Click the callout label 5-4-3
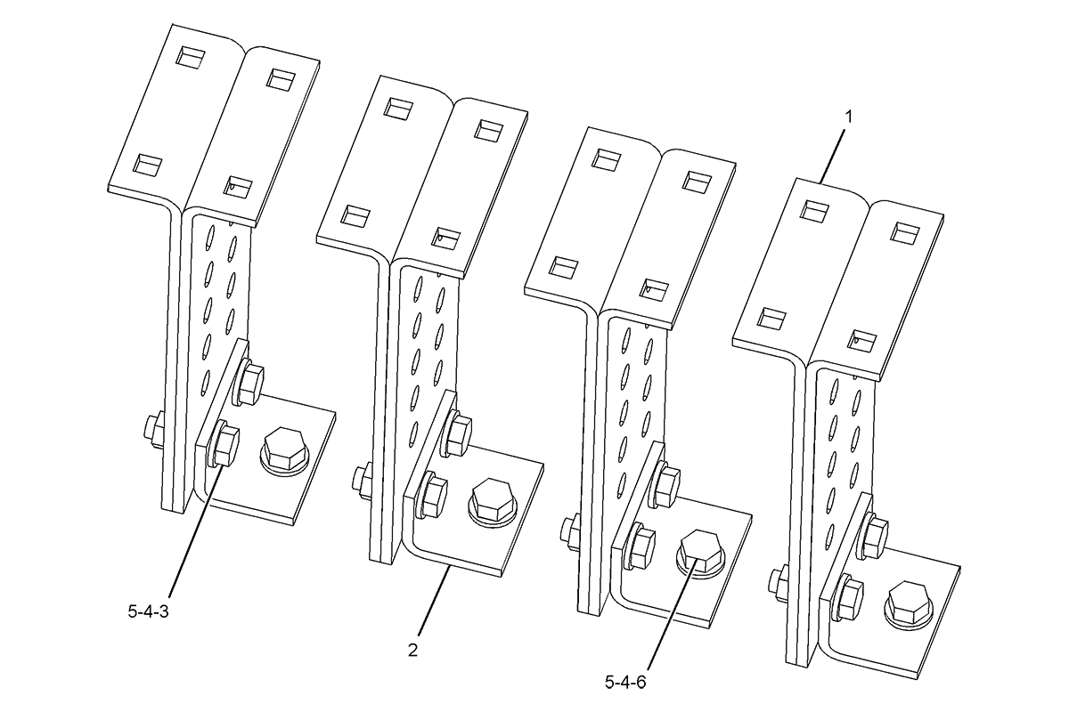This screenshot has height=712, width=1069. [148, 611]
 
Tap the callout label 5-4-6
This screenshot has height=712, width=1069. [625, 683]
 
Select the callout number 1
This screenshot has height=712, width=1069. [847, 117]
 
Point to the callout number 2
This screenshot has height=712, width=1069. [412, 650]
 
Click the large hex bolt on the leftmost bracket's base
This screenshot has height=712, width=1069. [284, 449]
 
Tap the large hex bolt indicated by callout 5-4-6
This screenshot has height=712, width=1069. [701, 554]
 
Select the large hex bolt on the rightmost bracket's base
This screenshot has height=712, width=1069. [909, 604]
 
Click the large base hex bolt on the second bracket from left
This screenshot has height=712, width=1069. [494, 502]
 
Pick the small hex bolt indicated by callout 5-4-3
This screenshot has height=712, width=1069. [223, 445]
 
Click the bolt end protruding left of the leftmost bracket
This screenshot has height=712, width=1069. [152, 432]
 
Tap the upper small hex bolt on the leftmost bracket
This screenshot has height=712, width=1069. [248, 383]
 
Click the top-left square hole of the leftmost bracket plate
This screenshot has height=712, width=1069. [191, 56]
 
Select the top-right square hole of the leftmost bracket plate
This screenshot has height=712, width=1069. [281, 78]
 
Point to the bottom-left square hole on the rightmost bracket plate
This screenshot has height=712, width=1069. [771, 317]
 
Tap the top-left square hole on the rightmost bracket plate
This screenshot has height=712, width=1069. [815, 211]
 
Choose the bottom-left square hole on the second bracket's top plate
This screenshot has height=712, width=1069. [355, 215]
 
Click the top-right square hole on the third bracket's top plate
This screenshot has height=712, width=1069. [698, 182]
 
